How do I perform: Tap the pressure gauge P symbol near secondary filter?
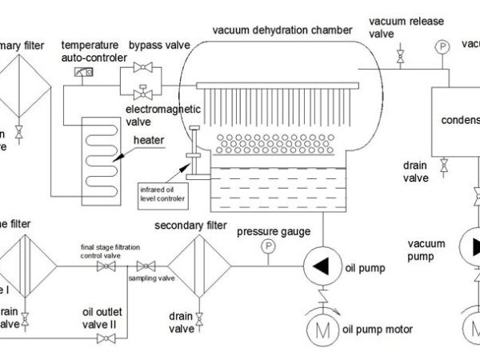[267, 246]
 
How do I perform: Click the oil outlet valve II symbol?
[103, 338]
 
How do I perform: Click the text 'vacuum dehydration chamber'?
[282, 31]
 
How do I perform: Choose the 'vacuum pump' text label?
[426, 250]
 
